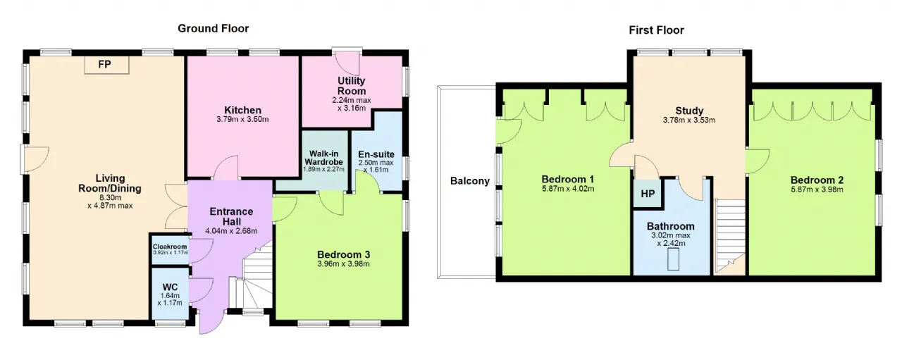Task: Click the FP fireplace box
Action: [106, 65]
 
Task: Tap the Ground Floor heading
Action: [214, 29]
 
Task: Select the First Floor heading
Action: [656, 30]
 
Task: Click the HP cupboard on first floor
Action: [648, 194]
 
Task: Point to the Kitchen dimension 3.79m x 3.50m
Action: [242, 120]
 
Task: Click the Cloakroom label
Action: [170, 247]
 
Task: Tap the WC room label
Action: [170, 287]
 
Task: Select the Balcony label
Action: [470, 181]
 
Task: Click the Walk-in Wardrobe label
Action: [323, 157]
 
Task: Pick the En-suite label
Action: [376, 154]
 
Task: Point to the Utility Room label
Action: [352, 86]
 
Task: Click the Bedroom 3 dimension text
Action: [343, 264]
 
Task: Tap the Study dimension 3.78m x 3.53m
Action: [689, 120]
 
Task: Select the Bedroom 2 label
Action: [817, 180]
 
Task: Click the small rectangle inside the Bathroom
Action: [673, 259]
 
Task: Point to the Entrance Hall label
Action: [231, 217]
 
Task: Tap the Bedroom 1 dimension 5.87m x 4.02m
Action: [568, 189]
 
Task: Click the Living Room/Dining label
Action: [110, 183]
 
